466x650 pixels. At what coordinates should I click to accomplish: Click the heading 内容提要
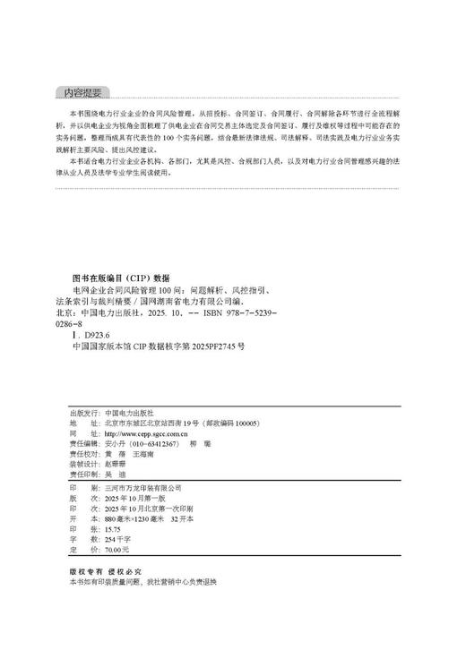(x=81, y=91)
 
